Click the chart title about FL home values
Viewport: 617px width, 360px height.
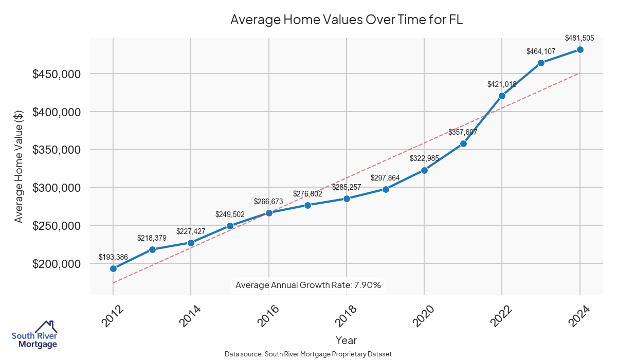347,20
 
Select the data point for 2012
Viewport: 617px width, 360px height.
113,268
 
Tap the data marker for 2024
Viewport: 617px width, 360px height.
580,49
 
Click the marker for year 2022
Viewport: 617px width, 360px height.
502,96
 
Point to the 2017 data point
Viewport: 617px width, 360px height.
307,205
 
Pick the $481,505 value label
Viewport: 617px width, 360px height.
579,38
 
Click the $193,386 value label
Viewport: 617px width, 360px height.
113,257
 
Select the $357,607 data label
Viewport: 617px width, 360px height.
463,132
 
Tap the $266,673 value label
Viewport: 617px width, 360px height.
268,201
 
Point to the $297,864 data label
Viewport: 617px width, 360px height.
385,178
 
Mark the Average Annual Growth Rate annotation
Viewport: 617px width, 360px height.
308,285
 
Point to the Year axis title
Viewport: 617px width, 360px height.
346,340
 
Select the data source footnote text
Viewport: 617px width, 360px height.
308,354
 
